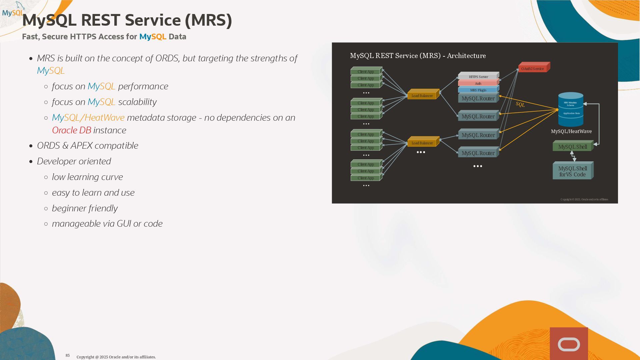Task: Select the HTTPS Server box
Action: [x=478, y=77]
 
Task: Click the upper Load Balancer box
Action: [x=422, y=96]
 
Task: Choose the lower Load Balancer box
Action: [x=422, y=143]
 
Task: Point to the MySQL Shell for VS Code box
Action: [x=572, y=171]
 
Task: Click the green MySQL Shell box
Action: [x=572, y=147]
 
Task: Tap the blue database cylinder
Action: [x=571, y=109]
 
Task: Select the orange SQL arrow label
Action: [x=520, y=104]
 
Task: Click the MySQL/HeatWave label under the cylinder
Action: [x=571, y=131]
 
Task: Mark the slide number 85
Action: [x=68, y=355]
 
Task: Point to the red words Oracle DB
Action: [x=71, y=130]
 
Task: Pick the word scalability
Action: [x=137, y=102]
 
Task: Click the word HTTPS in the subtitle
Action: [x=83, y=37]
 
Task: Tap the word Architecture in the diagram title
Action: [x=466, y=56]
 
